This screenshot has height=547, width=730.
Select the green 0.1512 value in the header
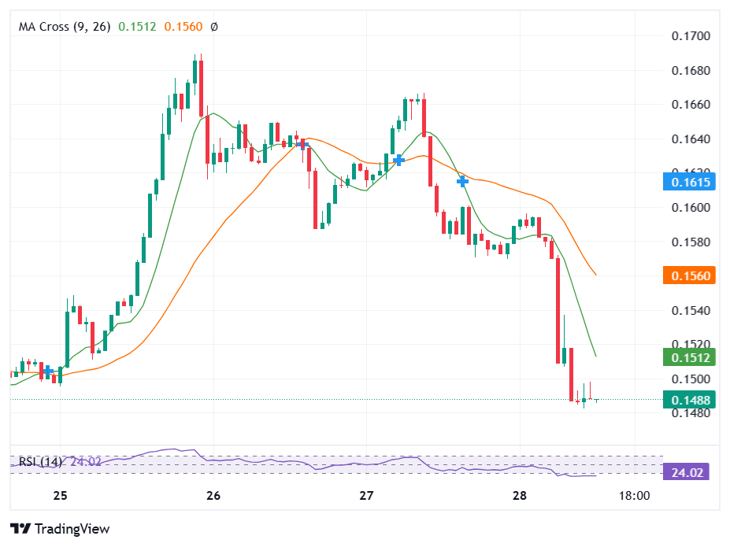coord(138,26)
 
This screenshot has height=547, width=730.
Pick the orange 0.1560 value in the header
coord(183,26)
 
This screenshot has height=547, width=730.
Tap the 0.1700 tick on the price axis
coord(691,36)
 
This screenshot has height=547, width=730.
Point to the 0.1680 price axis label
coord(691,71)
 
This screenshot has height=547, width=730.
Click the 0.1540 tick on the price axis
coord(691,311)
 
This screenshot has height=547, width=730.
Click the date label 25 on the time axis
coord(61,497)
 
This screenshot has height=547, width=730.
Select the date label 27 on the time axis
coord(366,497)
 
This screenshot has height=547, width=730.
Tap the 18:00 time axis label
coord(634,497)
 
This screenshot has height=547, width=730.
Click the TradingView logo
coord(60,529)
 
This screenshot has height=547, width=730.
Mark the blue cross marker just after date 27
coord(399,160)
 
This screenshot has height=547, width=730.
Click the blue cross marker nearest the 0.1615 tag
coord(463,181)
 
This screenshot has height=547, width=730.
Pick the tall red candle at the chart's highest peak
coord(201,83)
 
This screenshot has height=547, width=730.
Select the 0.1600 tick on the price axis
coord(691,208)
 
